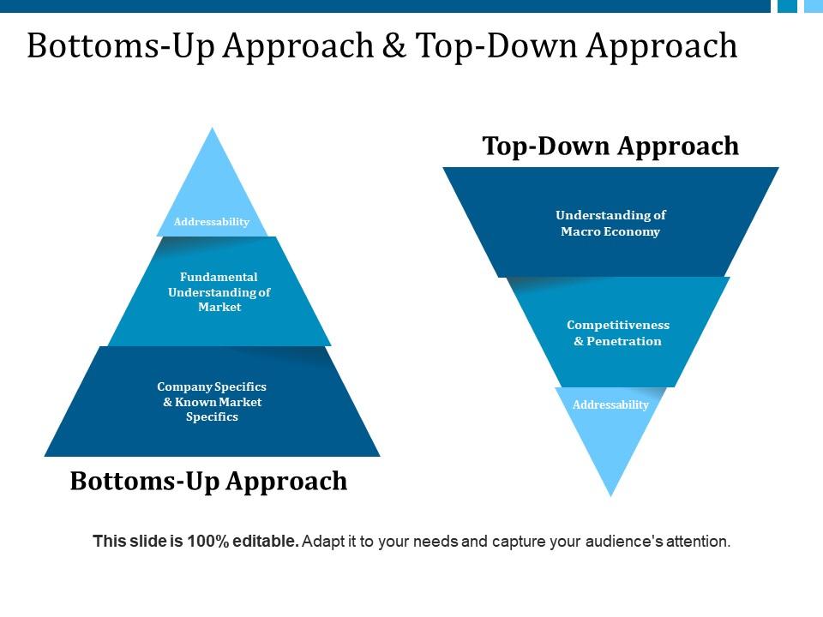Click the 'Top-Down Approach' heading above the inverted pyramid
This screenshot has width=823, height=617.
coord(610,146)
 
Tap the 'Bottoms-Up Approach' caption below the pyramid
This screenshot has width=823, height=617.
coord(208,481)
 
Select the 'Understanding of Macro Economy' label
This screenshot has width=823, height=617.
coord(610,224)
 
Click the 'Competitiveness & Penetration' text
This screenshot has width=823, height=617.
coord(618,333)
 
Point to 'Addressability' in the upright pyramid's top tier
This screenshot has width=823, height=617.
coord(212,222)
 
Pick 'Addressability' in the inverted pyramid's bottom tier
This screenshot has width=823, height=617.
coord(610,404)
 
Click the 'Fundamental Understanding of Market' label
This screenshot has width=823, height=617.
coord(219,292)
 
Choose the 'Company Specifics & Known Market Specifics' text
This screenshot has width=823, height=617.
coord(212,402)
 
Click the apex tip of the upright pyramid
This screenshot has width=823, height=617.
coord(212,129)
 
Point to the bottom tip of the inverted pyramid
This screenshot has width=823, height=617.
coord(610,494)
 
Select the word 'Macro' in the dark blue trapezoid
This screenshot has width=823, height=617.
coord(582,231)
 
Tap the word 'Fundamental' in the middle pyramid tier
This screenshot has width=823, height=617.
coord(219,277)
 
